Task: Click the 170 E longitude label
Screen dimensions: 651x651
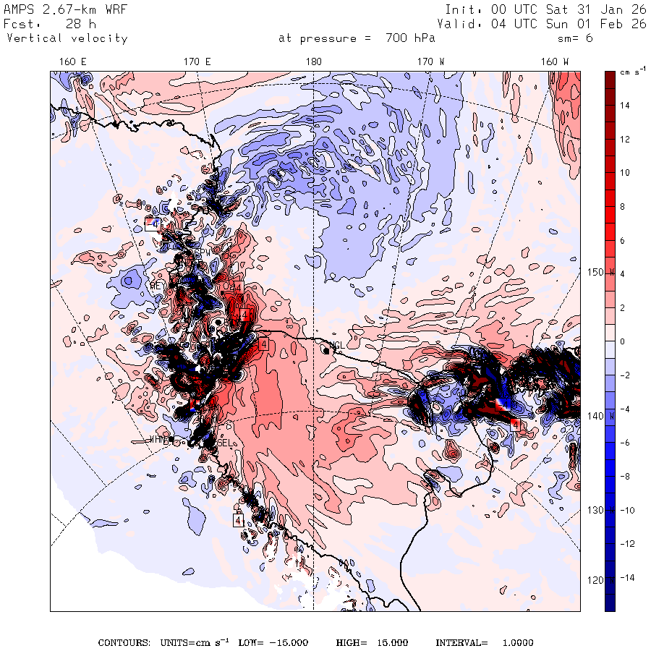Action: [197, 61]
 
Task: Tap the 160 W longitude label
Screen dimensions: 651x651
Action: [555, 61]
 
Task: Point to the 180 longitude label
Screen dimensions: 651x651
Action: [313, 61]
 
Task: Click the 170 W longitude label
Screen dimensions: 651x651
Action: [431, 61]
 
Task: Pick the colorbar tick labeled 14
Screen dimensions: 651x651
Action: [624, 106]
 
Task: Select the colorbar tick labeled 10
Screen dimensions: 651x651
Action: [624, 173]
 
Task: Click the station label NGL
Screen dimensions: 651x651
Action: [336, 345]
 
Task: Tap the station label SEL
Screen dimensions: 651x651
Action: [225, 443]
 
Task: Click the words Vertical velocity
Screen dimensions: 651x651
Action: [67, 38]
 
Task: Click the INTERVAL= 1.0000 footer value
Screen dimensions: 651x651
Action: [484, 642]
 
